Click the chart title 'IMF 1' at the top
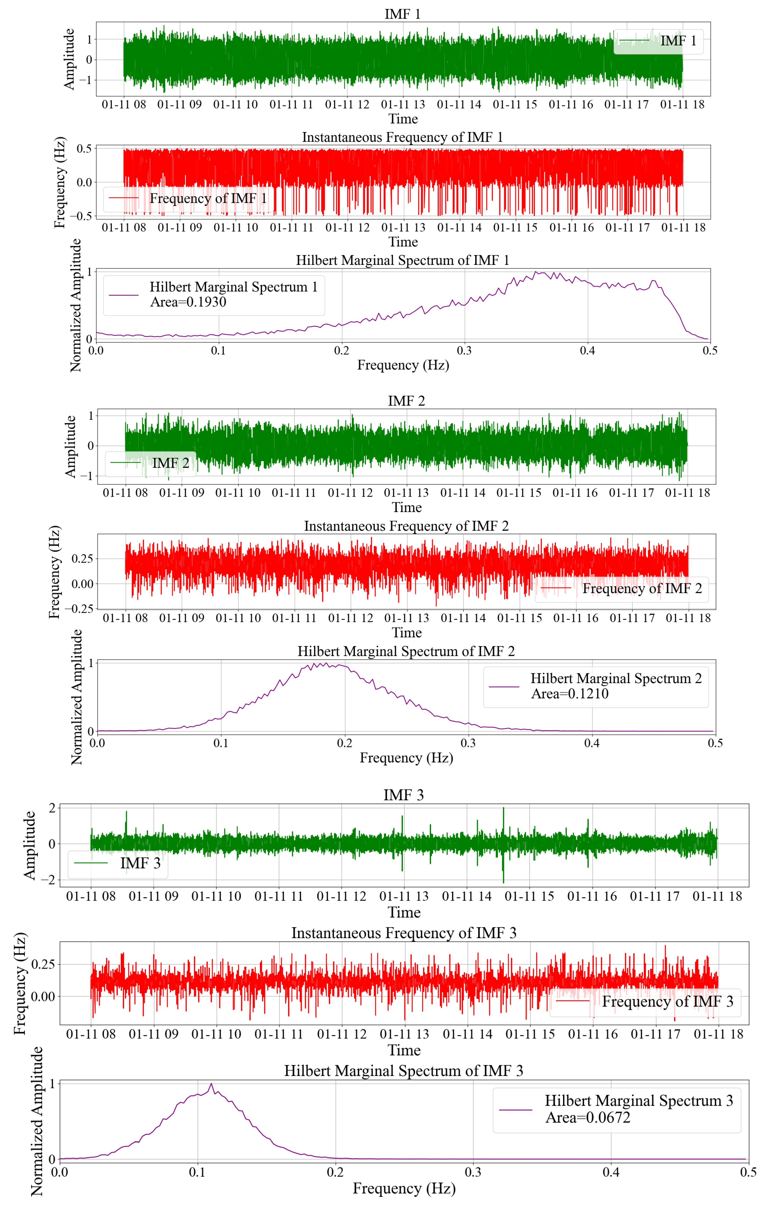[402, 14]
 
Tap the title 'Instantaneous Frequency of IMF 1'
[402, 137]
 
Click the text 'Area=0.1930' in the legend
[188, 302]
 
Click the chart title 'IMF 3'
[403, 795]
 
